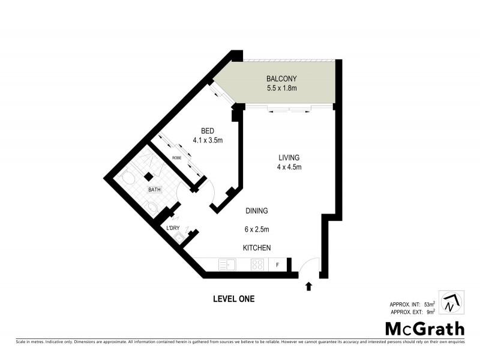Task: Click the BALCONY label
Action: pyautogui.click(x=281, y=79)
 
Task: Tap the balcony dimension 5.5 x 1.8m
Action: pyautogui.click(x=281, y=89)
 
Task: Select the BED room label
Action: pyautogui.click(x=208, y=131)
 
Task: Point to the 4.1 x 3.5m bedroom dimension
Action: pyautogui.click(x=208, y=140)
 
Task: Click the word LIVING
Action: pyautogui.click(x=284, y=158)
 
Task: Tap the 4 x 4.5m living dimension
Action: pyautogui.click(x=284, y=167)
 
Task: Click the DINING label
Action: pyautogui.click(x=256, y=211)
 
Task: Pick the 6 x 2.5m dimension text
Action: pyautogui.click(x=256, y=229)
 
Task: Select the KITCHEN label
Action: pyautogui.click(x=257, y=248)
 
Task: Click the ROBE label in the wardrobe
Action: pyautogui.click(x=176, y=157)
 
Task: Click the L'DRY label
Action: pyautogui.click(x=172, y=228)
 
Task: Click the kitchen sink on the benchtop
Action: pyautogui.click(x=227, y=264)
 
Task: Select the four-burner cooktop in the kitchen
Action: pyautogui.click(x=257, y=264)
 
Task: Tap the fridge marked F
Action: pyautogui.click(x=277, y=264)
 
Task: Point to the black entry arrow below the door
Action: pyautogui.click(x=308, y=286)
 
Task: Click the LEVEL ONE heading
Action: pyautogui.click(x=234, y=299)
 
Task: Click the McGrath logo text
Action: pyautogui.click(x=424, y=328)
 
